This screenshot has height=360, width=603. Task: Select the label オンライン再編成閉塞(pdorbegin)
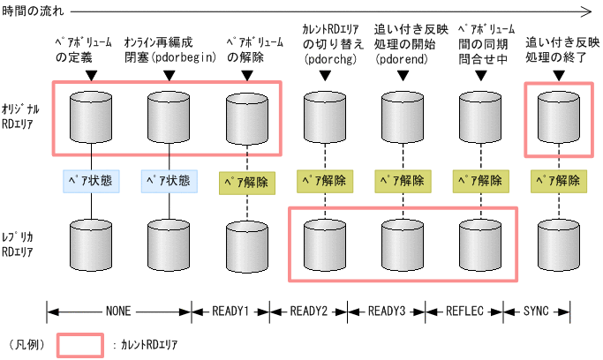tap(170, 49)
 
